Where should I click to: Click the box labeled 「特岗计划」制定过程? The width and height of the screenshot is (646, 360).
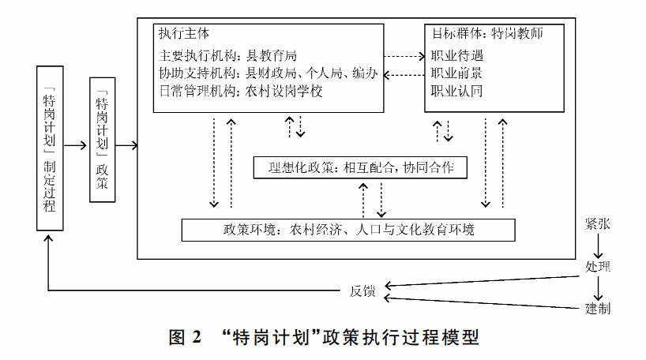[x=49, y=148]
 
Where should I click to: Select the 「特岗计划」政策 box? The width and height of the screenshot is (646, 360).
[x=102, y=141]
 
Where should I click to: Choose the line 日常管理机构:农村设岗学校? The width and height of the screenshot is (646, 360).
[x=241, y=92]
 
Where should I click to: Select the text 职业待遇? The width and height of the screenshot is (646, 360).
[x=456, y=56]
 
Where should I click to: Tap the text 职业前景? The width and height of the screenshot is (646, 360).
[x=456, y=73]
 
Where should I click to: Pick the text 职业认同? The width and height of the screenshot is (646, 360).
[x=456, y=92]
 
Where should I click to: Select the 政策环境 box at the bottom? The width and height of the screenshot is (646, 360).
[x=348, y=231]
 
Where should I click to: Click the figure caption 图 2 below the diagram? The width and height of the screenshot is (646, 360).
[x=322, y=338]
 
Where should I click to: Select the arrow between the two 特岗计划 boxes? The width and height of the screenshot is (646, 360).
[x=76, y=146]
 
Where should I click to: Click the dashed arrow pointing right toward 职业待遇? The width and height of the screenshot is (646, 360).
[x=404, y=57]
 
